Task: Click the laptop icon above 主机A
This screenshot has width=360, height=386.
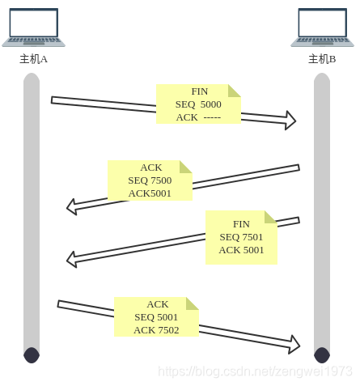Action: pyautogui.click(x=33, y=28)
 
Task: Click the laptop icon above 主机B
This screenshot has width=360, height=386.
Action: pyautogui.click(x=322, y=28)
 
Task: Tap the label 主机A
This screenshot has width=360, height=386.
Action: pyautogui.click(x=33, y=59)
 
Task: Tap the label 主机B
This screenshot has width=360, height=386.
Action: pyautogui.click(x=322, y=59)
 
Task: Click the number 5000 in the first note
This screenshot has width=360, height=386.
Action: pyautogui.click(x=211, y=104)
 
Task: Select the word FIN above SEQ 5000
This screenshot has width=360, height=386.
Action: pyautogui.click(x=200, y=91)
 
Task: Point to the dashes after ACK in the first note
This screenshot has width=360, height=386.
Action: pyautogui.click(x=212, y=117)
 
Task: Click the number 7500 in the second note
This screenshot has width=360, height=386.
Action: pyautogui.click(x=161, y=180)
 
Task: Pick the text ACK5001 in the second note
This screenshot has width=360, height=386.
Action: pyautogui.click(x=150, y=193)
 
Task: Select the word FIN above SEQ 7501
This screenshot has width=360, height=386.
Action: pyautogui.click(x=241, y=224)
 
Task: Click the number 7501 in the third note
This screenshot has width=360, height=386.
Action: pyautogui.click(x=252, y=237)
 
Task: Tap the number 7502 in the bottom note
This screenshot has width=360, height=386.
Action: pyautogui.click(x=168, y=330)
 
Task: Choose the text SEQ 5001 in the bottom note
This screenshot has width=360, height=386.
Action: pyautogui.click(x=156, y=317)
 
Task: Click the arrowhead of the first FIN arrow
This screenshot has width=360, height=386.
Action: pyautogui.click(x=290, y=121)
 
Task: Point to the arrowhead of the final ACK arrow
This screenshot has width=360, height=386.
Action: pyautogui.click(x=294, y=345)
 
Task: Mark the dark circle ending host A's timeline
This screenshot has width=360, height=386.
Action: pyautogui.click(x=32, y=355)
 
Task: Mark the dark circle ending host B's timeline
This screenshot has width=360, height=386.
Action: pyautogui.click(x=322, y=355)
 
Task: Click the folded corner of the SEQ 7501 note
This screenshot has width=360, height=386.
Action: pyautogui.click(x=271, y=217)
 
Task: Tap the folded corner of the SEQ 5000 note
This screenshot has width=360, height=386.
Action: pyautogui.click(x=235, y=91)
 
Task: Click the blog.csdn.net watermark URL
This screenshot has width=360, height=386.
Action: pyautogui.click(x=255, y=371)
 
